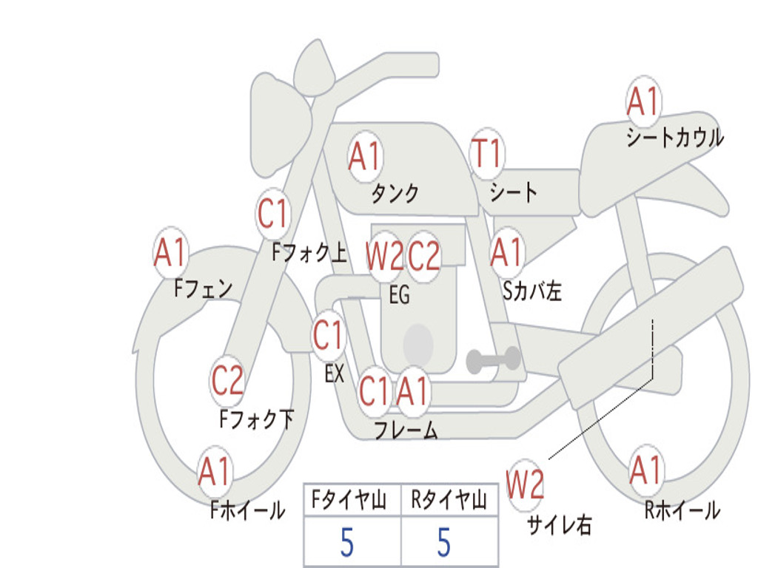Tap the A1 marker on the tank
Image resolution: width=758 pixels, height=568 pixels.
[x=366, y=156]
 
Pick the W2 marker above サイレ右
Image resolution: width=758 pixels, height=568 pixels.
[x=526, y=483]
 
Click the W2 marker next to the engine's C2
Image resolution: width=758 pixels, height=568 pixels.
[x=385, y=255]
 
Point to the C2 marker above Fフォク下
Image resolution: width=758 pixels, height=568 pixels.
[x=227, y=379]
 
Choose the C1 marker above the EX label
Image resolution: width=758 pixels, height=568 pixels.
[x=328, y=334]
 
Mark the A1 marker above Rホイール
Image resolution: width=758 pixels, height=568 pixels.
[x=645, y=470]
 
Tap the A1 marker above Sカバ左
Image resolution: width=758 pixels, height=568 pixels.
[x=507, y=252]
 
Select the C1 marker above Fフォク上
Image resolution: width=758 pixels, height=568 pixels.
[x=272, y=213]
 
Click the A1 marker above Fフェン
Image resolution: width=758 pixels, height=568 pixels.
[x=171, y=251]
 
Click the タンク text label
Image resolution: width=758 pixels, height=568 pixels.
[x=395, y=193]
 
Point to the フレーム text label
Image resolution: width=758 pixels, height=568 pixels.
[x=406, y=430]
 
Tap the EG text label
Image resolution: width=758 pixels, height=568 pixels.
[x=399, y=294]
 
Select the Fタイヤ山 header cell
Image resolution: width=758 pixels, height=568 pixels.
[x=352, y=500]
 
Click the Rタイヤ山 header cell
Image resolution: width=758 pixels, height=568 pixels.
[x=449, y=500]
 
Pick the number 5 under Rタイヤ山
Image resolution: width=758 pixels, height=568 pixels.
[x=444, y=542]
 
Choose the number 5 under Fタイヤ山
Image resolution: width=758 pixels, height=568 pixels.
[x=347, y=542]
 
